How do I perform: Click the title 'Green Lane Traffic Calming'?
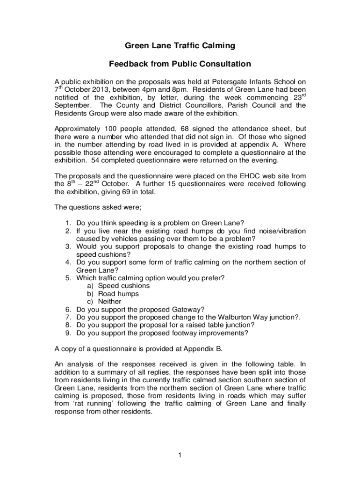coord(180,46)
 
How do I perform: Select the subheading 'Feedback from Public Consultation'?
coord(180,64)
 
